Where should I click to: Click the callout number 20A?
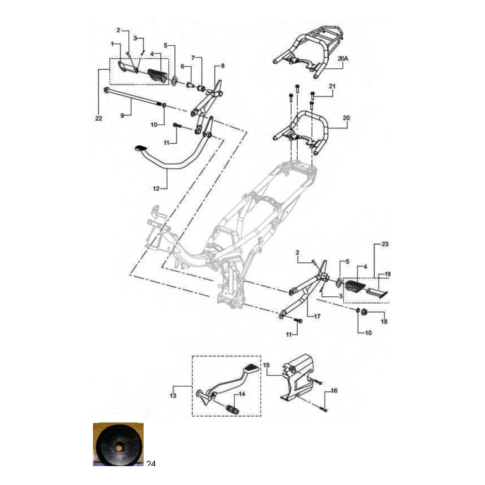coord(343,58)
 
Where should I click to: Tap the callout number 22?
coord(99,118)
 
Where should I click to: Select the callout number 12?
coord(156,188)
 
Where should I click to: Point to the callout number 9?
coord(122,115)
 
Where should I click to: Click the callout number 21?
coord(332,86)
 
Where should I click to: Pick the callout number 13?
coord(173,395)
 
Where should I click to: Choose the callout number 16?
coord(334,391)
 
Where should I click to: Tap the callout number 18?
coord(384,322)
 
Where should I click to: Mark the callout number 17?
coord(317,316)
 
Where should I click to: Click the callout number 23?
coord(385,244)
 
